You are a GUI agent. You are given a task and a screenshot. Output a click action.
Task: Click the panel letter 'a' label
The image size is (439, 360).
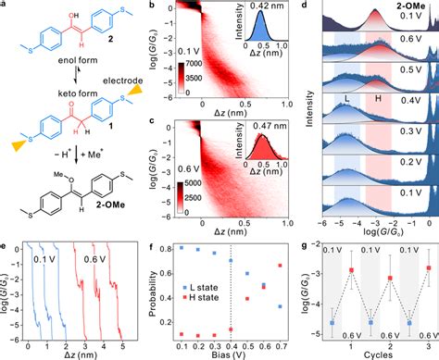pyautogui.click(x=5, y=6)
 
